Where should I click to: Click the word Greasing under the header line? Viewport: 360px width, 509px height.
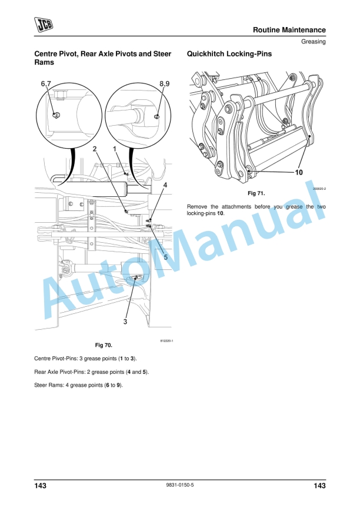pyautogui.click(x=314, y=42)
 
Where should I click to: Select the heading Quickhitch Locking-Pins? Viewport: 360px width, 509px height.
pyautogui.click(x=229, y=54)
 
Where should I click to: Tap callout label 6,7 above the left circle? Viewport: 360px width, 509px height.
pyautogui.click(x=46, y=85)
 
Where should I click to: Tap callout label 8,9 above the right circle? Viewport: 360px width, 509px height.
pyautogui.click(x=165, y=85)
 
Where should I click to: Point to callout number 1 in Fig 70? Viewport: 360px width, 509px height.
pyautogui.click(x=115, y=150)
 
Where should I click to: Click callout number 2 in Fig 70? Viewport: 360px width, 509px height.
pyautogui.click(x=95, y=150)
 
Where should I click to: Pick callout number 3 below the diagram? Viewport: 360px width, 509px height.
pyautogui.click(x=125, y=322)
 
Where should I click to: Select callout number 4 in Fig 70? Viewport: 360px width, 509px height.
pyautogui.click(x=165, y=185)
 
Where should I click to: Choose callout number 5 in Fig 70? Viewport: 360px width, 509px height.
pyautogui.click(x=165, y=256)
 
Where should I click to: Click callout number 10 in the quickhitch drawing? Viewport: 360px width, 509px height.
pyautogui.click(x=298, y=173)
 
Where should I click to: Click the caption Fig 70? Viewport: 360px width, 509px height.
pyautogui.click(x=103, y=344)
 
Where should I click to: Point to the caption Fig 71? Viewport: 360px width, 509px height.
pyautogui.click(x=256, y=193)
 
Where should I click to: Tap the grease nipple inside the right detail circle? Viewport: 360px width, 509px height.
pyautogui.click(x=156, y=117)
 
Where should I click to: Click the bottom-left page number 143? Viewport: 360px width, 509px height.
pyautogui.click(x=40, y=485)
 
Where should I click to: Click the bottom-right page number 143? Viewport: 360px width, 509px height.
pyautogui.click(x=319, y=485)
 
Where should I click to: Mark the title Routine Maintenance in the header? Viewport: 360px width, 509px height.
pyautogui.click(x=289, y=30)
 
